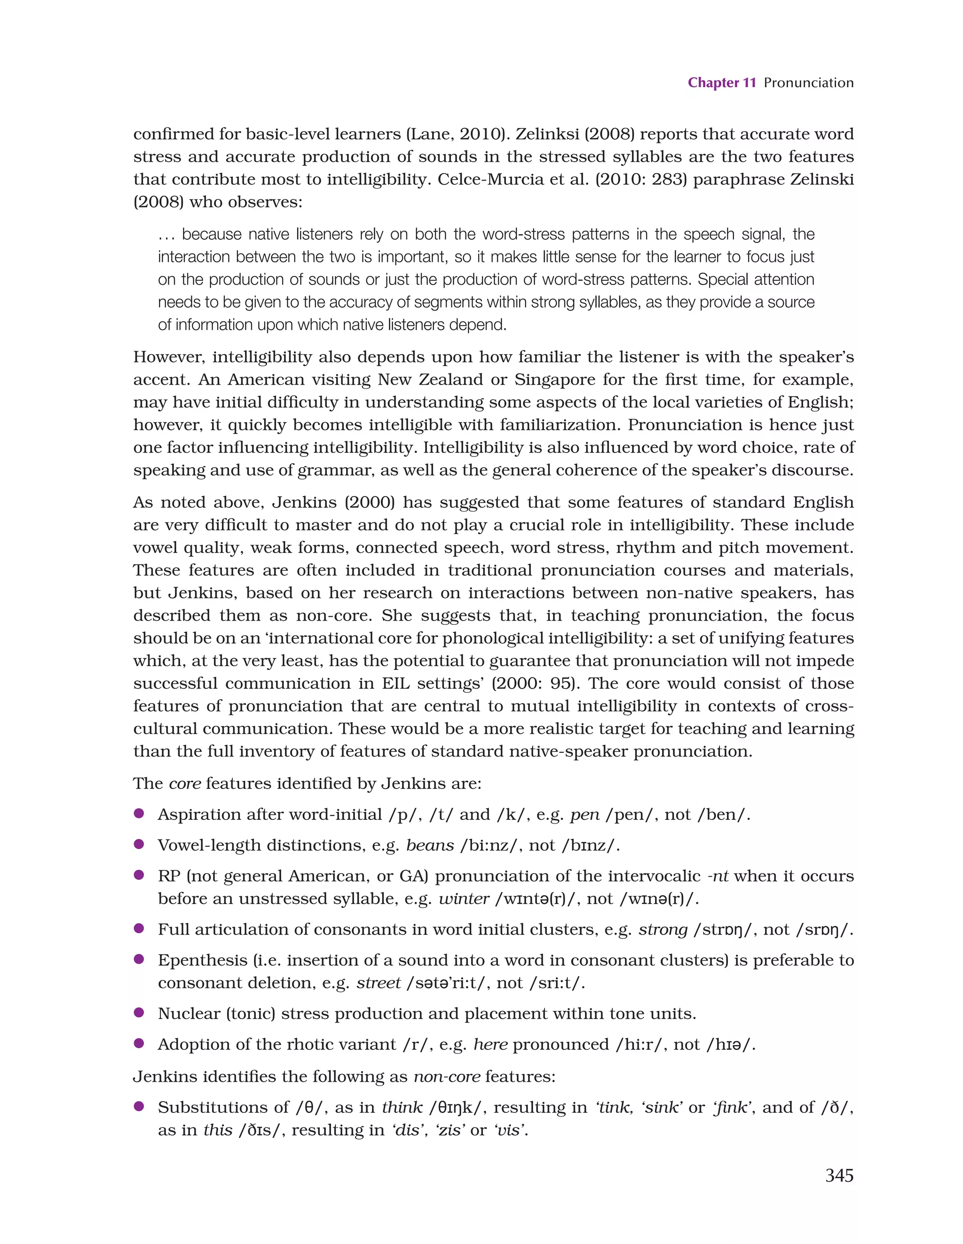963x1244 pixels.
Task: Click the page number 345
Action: click(x=839, y=1175)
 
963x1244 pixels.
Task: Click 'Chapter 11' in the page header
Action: click(x=721, y=83)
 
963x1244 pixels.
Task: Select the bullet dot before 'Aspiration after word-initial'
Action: click(x=138, y=813)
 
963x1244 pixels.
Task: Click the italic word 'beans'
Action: click(x=430, y=845)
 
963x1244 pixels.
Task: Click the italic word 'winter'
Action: click(x=463, y=898)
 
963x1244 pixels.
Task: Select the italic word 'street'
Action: click(x=379, y=983)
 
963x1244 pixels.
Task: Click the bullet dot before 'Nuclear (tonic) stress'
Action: click(x=138, y=1012)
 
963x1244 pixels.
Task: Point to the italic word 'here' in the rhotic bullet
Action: click(x=490, y=1044)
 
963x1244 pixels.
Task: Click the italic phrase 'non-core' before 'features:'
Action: click(x=447, y=1076)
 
